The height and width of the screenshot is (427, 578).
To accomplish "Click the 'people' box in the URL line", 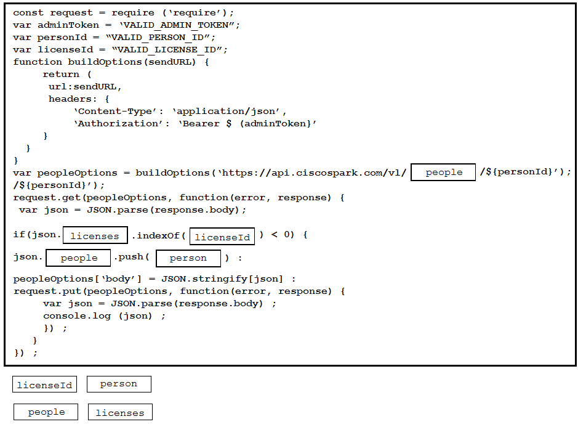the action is (443, 173).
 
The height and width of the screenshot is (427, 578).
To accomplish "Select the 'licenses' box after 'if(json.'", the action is (95, 235).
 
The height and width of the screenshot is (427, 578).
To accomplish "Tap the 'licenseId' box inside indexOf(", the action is (222, 237).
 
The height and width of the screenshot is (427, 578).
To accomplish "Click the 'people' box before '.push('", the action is (78, 258).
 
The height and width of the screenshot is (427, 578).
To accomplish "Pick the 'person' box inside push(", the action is (188, 258).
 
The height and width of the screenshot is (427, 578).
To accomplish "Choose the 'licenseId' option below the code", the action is (44, 384).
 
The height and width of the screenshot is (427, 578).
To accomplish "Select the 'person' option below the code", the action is (119, 384).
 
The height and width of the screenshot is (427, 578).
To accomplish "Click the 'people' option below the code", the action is (46, 412).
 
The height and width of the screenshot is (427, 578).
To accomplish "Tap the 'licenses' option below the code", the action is (120, 412).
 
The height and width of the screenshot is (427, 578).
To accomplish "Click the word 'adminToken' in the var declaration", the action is (68, 25).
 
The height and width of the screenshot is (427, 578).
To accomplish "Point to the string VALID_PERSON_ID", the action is (158, 38).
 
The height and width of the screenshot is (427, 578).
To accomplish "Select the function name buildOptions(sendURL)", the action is (132, 62).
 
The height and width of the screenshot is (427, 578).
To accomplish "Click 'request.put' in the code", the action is (47, 291).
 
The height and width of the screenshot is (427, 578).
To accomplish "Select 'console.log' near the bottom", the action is (77, 316).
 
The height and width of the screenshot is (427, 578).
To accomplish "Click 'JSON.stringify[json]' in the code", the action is (222, 279).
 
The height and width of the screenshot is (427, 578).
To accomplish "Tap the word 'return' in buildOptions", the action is (61, 75).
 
